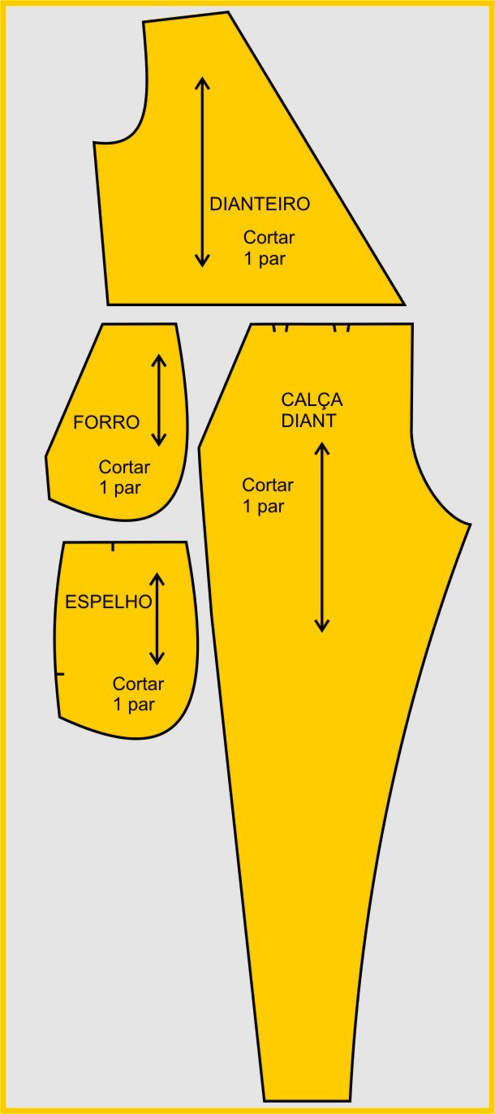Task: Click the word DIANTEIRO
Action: point(260,204)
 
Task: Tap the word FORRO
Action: point(106,422)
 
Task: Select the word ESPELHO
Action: point(109,602)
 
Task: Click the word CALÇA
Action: point(312,400)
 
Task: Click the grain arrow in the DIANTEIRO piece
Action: point(202,171)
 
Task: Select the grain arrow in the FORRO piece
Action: point(159,400)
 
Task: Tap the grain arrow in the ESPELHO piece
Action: point(157,618)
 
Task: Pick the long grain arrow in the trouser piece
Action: point(322,536)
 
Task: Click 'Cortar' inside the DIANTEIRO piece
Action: point(269,238)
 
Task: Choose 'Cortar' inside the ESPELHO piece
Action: point(138,684)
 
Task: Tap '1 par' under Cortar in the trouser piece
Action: point(264,507)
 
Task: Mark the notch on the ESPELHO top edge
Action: point(113,546)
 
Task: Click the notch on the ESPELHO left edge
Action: point(59,674)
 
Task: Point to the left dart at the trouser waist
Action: point(280,328)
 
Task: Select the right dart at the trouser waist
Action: point(342,328)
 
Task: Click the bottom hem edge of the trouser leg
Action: point(308,1100)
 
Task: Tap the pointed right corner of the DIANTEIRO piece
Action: point(402,304)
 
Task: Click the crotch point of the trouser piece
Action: point(469,525)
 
